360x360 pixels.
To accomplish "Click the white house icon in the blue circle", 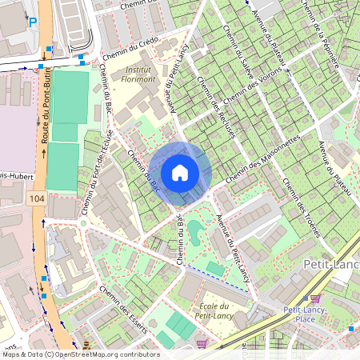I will pyautogui.click(x=180, y=173).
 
